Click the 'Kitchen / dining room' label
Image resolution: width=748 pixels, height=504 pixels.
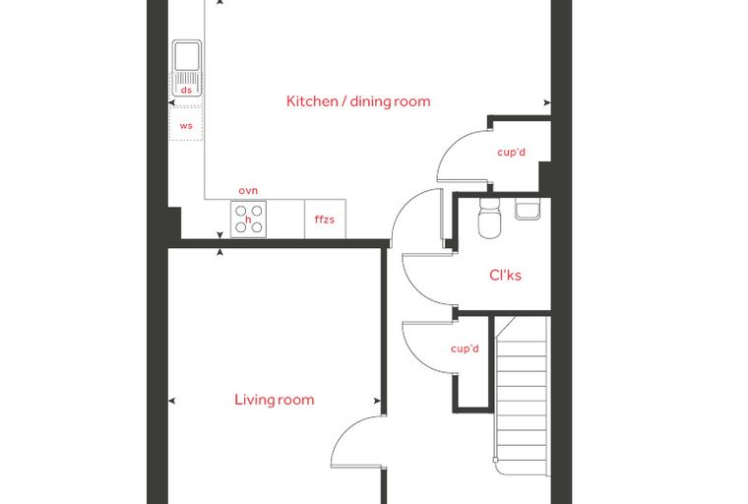pyautogui.click(x=358, y=101)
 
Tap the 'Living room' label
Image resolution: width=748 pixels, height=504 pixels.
pyautogui.click(x=275, y=400)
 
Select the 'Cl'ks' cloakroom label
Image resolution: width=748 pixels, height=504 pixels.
pyautogui.click(x=505, y=275)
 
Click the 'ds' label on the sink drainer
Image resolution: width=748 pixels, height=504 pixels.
pyautogui.click(x=186, y=90)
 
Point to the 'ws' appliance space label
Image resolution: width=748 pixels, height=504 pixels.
pyautogui.click(x=186, y=126)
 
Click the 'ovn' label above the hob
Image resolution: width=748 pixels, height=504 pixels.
pyautogui.click(x=248, y=190)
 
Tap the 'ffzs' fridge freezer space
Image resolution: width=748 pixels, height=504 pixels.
pyautogui.click(x=325, y=220)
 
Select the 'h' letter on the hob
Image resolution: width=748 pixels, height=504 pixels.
pyautogui.click(x=248, y=220)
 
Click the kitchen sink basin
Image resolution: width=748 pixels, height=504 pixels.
pyautogui.click(x=187, y=56)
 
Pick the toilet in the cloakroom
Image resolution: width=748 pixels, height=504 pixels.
pyautogui.click(x=489, y=219)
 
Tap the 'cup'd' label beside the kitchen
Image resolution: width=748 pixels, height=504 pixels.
pyautogui.click(x=511, y=153)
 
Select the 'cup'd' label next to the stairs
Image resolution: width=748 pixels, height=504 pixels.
pyautogui.click(x=465, y=348)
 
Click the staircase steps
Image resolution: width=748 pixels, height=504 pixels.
pyautogui.click(x=522, y=395)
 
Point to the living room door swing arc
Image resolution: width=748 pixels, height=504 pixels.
pyautogui.click(x=344, y=428)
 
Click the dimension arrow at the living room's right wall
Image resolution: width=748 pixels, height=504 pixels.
pyautogui.click(x=377, y=401)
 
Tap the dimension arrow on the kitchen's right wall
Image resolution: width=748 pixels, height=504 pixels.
pyautogui.click(x=547, y=102)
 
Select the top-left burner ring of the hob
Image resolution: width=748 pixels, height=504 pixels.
pyautogui.click(x=241, y=211)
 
